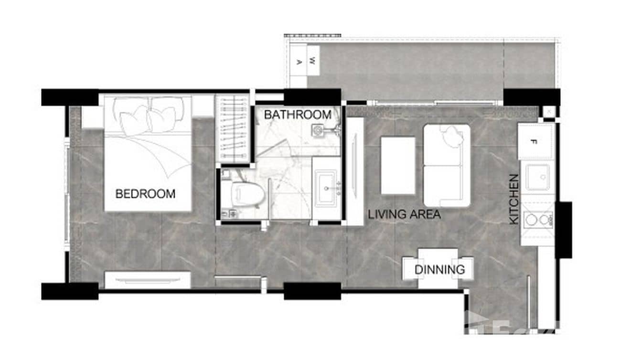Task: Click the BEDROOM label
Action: point(145,194)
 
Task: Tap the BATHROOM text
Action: point(298,115)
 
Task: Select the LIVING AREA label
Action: point(404,215)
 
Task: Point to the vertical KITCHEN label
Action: point(514,199)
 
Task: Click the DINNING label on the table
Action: point(439,270)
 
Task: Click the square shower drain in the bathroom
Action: point(318,129)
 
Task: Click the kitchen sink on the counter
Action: point(538,177)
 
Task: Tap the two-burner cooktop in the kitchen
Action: point(538,220)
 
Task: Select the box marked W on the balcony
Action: point(313,61)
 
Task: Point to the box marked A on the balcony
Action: point(299,61)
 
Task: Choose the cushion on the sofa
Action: point(451,137)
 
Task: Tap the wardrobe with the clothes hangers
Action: point(233,128)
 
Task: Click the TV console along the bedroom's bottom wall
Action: point(148,280)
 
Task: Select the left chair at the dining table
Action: point(410,268)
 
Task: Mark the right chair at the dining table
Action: point(468,268)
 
